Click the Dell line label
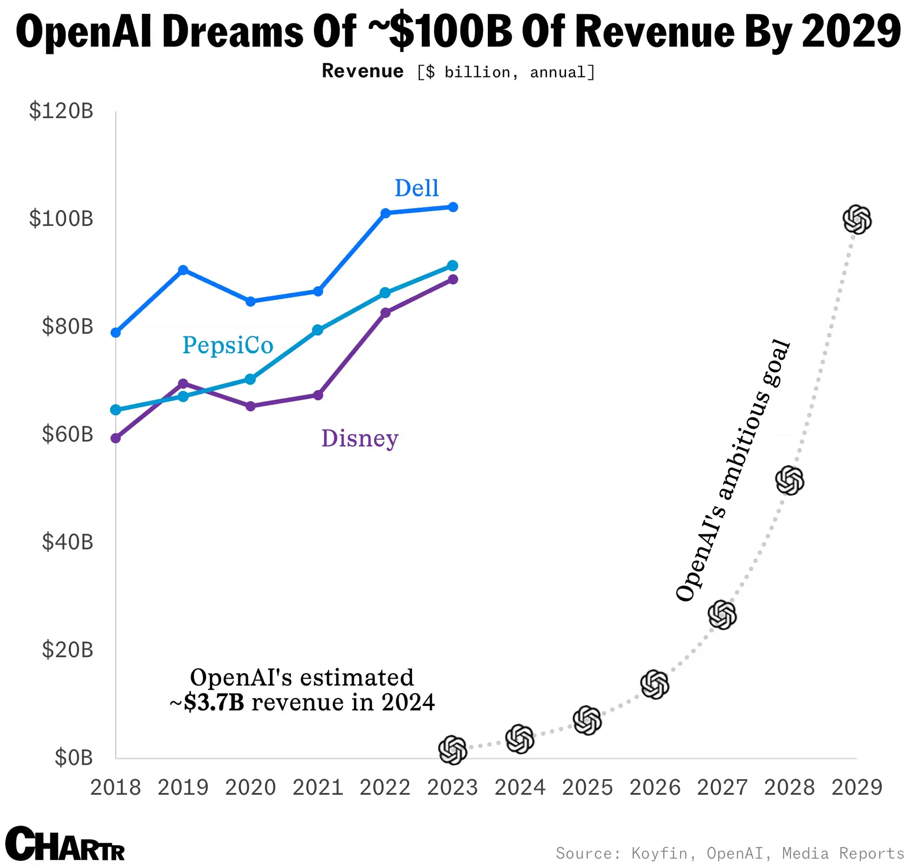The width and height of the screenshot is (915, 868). (x=416, y=188)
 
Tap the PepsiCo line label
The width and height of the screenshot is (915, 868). (x=228, y=345)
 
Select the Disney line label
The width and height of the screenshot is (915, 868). (x=360, y=438)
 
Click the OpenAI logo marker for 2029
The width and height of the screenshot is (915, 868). (x=856, y=219)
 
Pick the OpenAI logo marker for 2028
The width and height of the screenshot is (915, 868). (x=789, y=480)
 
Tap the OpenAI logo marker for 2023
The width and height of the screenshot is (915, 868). (x=453, y=750)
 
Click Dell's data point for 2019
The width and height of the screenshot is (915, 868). (x=183, y=270)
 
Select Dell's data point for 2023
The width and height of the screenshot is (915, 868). (x=453, y=207)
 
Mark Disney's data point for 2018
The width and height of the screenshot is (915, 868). (x=116, y=438)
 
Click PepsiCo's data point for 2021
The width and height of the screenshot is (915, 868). (x=318, y=330)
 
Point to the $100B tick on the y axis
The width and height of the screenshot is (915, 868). (x=61, y=218)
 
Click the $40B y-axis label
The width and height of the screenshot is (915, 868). (x=67, y=542)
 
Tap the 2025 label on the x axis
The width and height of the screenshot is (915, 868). (x=587, y=787)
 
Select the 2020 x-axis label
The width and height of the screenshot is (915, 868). (x=251, y=787)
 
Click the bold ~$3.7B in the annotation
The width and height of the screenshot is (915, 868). (x=207, y=702)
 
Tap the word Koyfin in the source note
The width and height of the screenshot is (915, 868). (x=659, y=853)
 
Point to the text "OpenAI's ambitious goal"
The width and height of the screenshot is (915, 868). (x=733, y=470)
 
